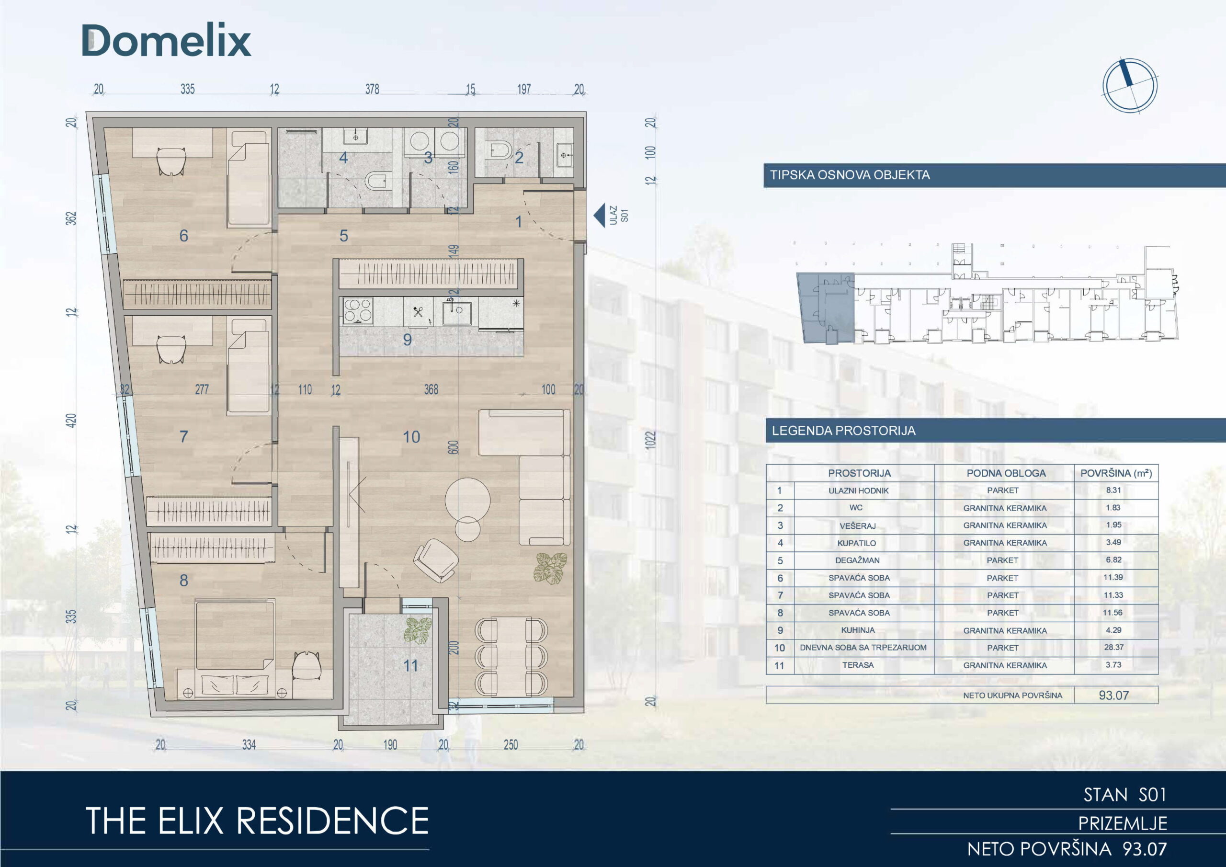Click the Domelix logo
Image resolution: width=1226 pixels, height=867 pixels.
[x=166, y=41]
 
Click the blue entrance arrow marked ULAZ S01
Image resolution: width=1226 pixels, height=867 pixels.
[x=600, y=215]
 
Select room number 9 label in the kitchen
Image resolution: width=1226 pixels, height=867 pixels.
[x=408, y=340]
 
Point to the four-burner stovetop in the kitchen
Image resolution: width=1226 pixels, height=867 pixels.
[x=358, y=310]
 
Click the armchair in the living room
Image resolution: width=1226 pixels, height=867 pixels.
[x=436, y=560]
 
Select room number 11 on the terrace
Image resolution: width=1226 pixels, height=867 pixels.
[x=410, y=666]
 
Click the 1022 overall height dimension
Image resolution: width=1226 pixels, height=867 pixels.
[x=650, y=440]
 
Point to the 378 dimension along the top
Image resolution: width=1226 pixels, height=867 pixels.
[x=372, y=89]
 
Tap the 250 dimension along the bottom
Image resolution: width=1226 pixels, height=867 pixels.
[x=511, y=744]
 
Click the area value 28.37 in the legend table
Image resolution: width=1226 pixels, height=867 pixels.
[x=1114, y=648]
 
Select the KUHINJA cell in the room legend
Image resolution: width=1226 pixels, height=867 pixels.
[x=858, y=630]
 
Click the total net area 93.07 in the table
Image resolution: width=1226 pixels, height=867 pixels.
[x=1114, y=695]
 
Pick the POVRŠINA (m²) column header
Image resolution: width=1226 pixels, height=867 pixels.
[x=1116, y=473]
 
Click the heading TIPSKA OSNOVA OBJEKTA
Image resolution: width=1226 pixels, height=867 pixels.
[x=850, y=175]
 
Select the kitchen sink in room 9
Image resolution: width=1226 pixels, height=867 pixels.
[x=456, y=312]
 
